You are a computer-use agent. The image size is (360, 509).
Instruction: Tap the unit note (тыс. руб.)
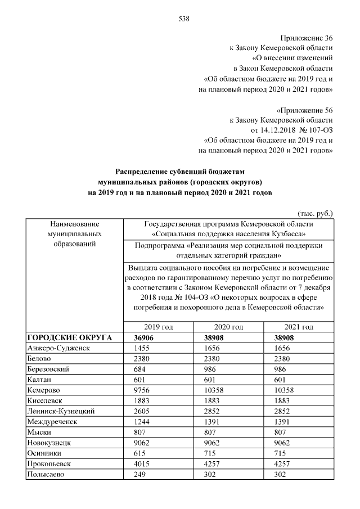pos(316,214)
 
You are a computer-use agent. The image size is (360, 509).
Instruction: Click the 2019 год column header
pos(158,327)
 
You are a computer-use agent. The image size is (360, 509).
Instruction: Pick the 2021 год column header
pos(299,327)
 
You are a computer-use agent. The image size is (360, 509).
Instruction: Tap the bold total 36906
pos(143,337)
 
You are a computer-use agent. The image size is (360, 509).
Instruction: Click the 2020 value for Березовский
pos(210,370)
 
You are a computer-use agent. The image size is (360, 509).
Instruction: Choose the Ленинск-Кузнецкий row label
pos(61,411)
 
